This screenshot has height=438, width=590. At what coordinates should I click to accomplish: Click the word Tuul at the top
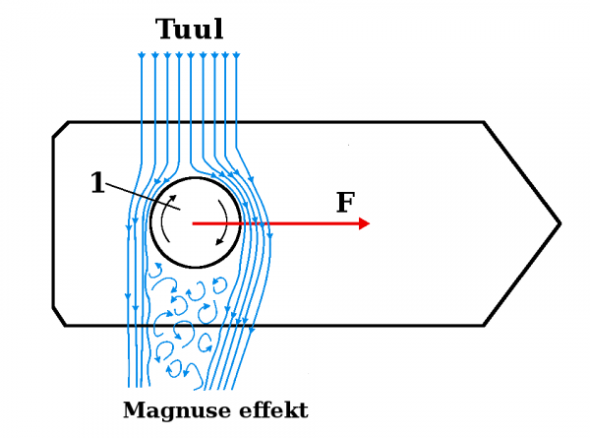[x=190, y=30]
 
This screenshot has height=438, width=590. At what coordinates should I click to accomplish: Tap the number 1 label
[x=96, y=183]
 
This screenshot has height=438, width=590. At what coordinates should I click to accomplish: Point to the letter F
[x=345, y=203]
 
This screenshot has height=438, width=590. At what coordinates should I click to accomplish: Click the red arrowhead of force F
[x=365, y=223]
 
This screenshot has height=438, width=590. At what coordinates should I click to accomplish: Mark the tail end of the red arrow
[x=194, y=223]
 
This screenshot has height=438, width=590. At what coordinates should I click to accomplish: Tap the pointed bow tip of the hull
[x=560, y=223]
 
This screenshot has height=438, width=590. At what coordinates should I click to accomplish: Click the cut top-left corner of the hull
[x=60, y=129]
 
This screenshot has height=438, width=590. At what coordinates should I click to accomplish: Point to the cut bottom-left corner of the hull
[x=60, y=317]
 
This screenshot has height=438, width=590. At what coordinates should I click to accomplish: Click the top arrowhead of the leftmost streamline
[x=142, y=55]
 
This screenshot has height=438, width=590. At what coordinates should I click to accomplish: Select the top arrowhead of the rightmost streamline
[x=238, y=55]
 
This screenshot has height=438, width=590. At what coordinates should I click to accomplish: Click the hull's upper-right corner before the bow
[x=484, y=122]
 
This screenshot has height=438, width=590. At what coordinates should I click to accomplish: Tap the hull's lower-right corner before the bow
[x=484, y=325]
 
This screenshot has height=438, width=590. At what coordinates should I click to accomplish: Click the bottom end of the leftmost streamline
[x=130, y=386]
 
